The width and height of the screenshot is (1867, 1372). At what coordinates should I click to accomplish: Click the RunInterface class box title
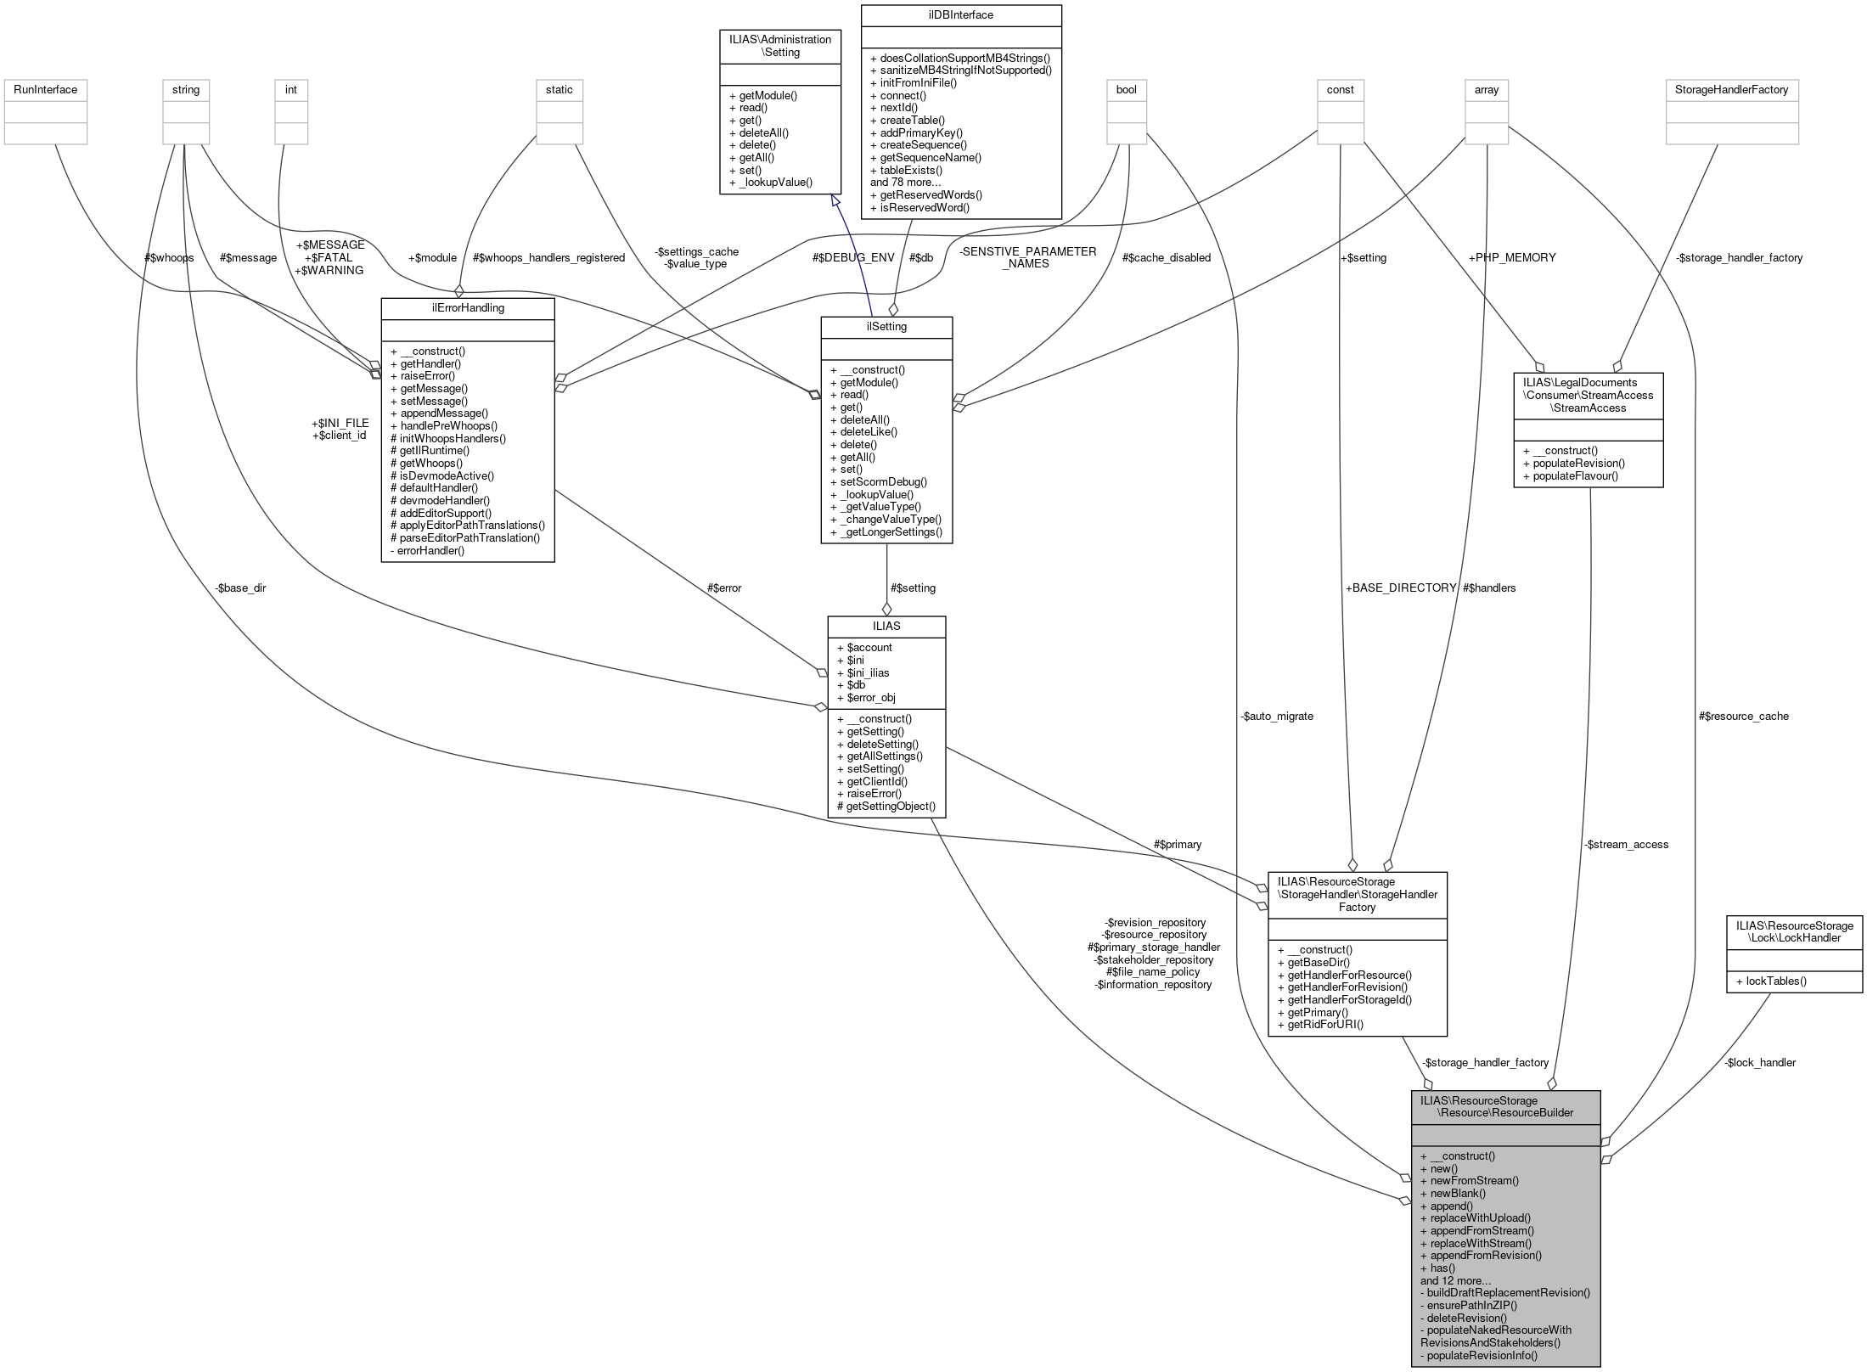[45, 89]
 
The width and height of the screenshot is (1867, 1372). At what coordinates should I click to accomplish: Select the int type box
[290, 89]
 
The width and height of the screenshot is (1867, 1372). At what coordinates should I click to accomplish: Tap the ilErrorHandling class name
[468, 307]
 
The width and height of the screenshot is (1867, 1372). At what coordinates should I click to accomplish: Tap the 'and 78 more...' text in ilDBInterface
[905, 182]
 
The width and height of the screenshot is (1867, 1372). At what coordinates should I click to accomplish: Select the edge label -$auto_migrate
[1276, 716]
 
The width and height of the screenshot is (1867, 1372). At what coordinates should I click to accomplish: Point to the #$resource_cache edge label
[1743, 716]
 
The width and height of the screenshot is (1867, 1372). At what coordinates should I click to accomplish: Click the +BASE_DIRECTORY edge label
[1401, 588]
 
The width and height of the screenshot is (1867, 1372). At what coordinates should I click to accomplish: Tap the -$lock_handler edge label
[1760, 1062]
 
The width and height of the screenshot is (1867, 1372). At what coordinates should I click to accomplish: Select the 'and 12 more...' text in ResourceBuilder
[1455, 1280]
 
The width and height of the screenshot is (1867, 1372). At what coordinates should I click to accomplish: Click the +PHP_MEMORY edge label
[1511, 257]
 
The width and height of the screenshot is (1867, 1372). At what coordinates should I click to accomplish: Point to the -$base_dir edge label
[240, 588]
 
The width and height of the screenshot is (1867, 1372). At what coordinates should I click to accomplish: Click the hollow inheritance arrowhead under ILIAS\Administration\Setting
[835, 200]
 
